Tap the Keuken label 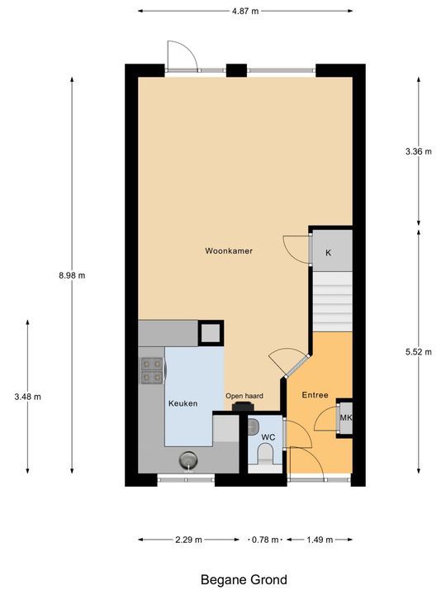(x=183, y=403)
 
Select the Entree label (x=315, y=395)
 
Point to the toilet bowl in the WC (x=266, y=455)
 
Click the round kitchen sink (x=188, y=459)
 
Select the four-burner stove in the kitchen (x=151, y=369)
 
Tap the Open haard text (x=244, y=396)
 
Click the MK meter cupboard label (x=345, y=418)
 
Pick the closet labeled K (x=329, y=252)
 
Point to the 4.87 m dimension (x=244, y=11)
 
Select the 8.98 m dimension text (x=72, y=275)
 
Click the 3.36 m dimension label (x=419, y=151)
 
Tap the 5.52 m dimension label (x=419, y=351)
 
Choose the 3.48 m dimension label (x=28, y=397)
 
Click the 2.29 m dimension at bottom (x=190, y=540)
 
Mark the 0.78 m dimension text (x=265, y=540)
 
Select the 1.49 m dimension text (x=319, y=540)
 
